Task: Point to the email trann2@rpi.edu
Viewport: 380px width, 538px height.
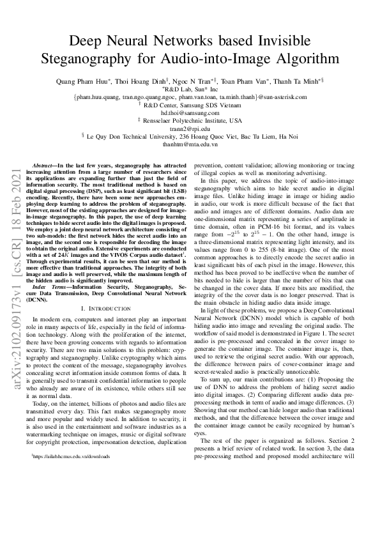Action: [x=190, y=128]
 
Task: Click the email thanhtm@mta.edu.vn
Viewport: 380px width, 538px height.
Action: [x=190, y=144]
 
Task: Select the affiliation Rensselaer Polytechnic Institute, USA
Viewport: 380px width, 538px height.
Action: [x=193, y=120]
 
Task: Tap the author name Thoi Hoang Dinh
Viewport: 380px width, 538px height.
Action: [x=139, y=82]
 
